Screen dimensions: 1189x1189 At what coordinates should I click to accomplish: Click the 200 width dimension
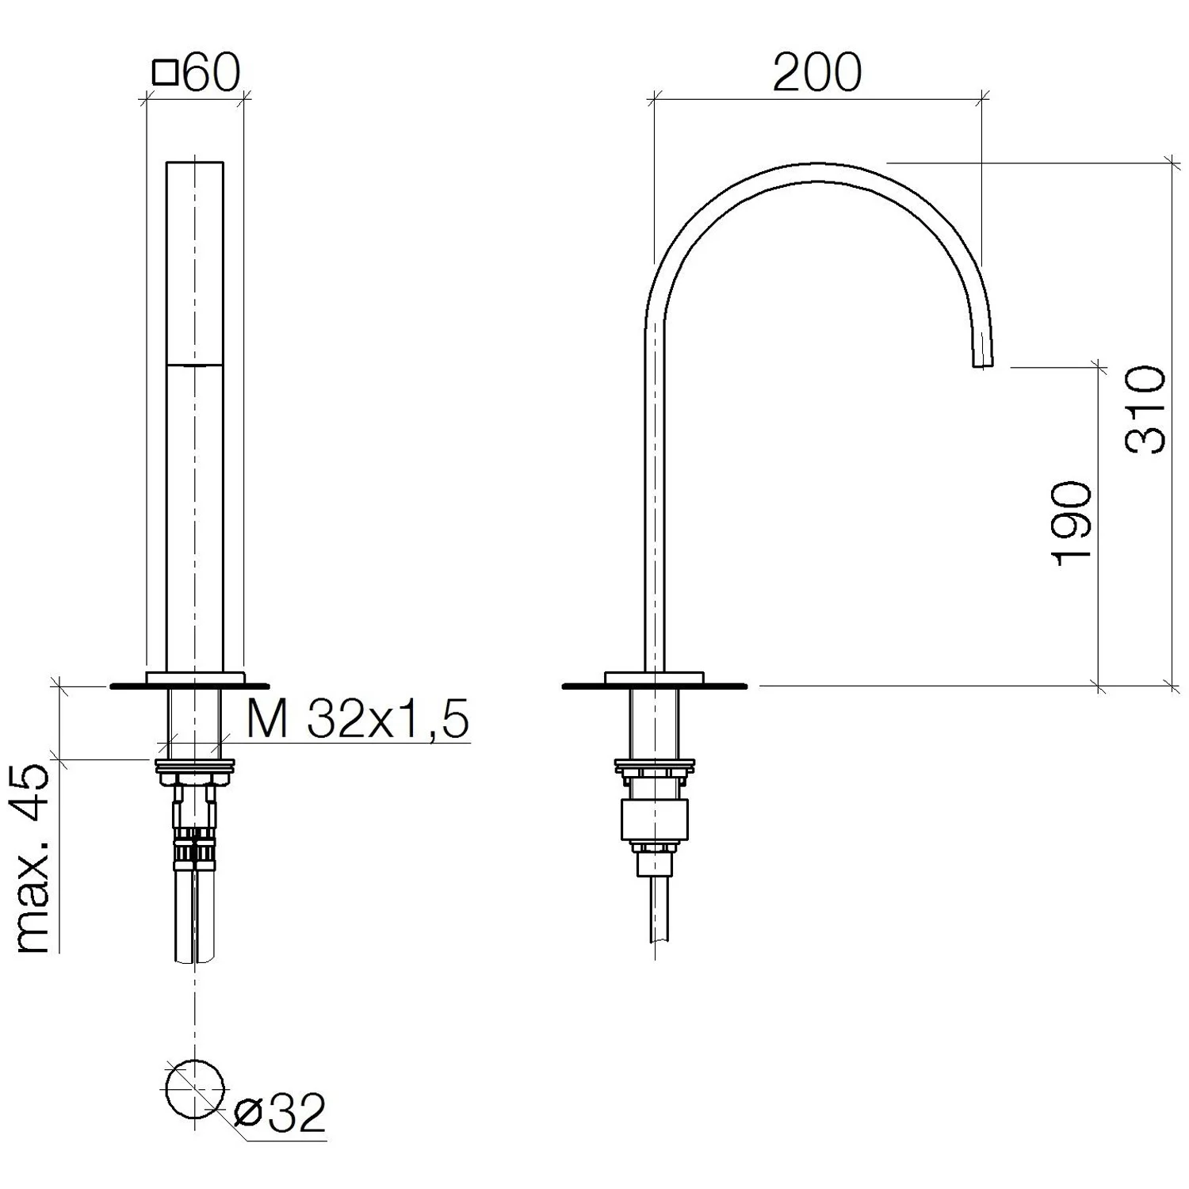point(816,73)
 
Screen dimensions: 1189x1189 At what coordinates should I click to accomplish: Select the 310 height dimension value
point(1146,409)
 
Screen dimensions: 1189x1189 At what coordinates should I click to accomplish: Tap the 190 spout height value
point(1072,523)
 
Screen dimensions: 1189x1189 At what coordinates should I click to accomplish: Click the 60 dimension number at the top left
point(211,74)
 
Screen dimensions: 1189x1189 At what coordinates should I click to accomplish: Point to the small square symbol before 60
point(165,74)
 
